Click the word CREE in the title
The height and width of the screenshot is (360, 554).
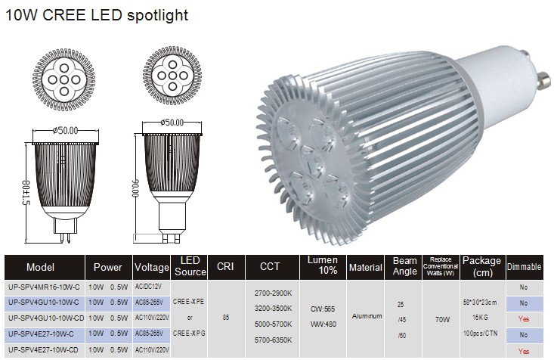(65, 15)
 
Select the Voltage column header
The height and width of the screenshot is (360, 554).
(152, 267)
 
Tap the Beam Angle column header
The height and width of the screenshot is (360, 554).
(404, 266)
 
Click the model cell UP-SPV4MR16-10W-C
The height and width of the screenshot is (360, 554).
(43, 287)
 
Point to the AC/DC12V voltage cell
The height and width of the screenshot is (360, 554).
(148, 287)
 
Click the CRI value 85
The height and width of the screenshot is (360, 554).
(226, 317)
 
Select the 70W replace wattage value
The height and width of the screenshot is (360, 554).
(442, 319)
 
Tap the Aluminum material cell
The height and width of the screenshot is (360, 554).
(367, 316)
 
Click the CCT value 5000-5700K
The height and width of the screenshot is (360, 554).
(273, 324)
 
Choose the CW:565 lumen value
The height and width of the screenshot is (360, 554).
(323, 309)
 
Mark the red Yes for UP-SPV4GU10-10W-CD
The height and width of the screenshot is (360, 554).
(524, 319)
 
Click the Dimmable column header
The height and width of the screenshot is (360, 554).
(525, 267)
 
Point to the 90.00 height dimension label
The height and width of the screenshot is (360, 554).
(135, 188)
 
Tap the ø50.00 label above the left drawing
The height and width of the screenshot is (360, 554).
(65, 131)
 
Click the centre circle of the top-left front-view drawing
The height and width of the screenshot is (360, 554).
(64, 79)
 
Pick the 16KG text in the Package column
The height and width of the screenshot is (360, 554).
(480, 318)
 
